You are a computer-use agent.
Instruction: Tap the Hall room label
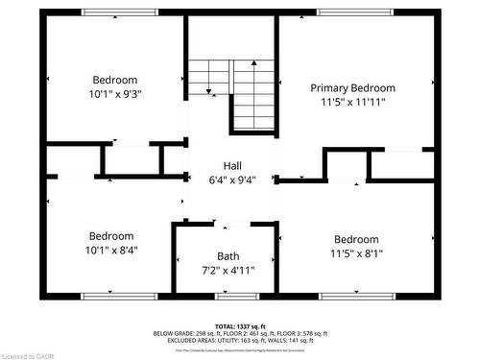232,165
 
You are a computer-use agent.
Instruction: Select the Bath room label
228,255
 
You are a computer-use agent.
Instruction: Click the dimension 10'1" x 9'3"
115,94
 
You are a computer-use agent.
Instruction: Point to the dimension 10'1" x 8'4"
112,250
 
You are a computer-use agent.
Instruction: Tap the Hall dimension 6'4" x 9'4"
232,179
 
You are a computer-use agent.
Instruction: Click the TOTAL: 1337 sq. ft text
239,326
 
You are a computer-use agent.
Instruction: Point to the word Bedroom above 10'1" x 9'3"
115,80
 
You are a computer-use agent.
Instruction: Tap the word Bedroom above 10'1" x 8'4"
112,236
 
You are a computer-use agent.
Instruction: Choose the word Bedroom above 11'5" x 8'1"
355,239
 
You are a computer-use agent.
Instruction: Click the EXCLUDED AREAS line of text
240,340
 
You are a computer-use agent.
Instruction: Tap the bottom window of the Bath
228,296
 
